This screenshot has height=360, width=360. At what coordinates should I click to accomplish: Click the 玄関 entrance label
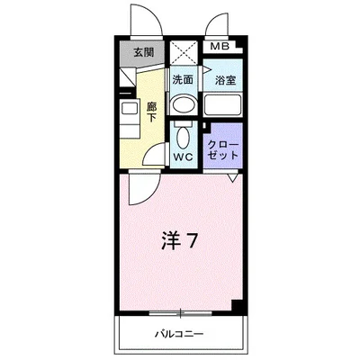point(144,52)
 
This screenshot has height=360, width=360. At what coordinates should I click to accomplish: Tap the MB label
point(219,47)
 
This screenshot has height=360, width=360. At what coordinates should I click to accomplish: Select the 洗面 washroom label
point(183,79)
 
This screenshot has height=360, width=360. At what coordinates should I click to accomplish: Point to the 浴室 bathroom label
point(222,80)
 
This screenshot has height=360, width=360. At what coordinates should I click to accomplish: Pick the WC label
point(184,155)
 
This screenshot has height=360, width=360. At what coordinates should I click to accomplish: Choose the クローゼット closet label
point(222,148)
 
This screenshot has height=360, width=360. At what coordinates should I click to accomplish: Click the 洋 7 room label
point(180,240)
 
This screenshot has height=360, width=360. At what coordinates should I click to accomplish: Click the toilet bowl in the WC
point(184,135)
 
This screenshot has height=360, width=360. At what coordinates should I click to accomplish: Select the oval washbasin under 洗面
point(183,103)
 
